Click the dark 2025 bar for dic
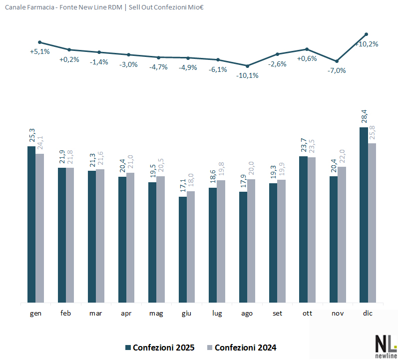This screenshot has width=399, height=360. pyautogui.click(x=363, y=215)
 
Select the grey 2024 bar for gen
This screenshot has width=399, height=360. pyautogui.click(x=40, y=228)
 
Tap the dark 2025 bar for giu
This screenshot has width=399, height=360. pyautogui.click(x=183, y=250)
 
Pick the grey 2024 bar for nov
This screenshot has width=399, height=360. pyautogui.click(x=342, y=234)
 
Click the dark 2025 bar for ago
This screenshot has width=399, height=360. pyautogui.click(x=243, y=247)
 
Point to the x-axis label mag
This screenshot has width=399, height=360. pyautogui.click(x=156, y=313)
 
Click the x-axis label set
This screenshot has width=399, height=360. pyautogui.click(x=277, y=313)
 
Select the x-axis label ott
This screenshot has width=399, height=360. pyautogui.click(x=307, y=313)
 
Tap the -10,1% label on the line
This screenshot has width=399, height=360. pyautogui.click(x=248, y=75)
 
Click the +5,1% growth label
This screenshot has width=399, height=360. pyautogui.click(x=40, y=51)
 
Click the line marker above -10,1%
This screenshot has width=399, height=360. pyautogui.click(x=247, y=66)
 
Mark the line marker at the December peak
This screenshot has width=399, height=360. pyautogui.click(x=367, y=34)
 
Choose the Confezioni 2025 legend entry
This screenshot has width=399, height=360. pyautogui.click(x=159, y=348)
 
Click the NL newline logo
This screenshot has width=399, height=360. pyautogui.click(x=385, y=346)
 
